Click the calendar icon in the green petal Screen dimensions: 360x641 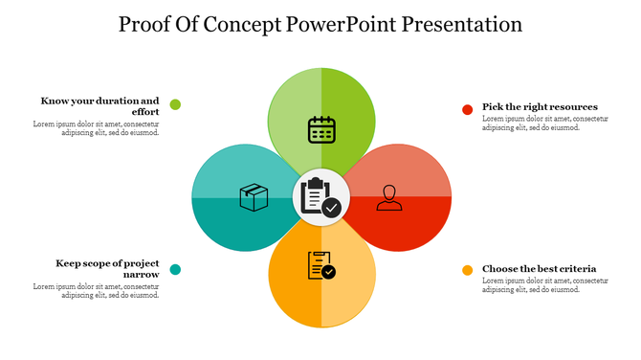pyautogui.click(x=320, y=129)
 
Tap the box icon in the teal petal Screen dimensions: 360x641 pyautogui.click(x=253, y=197)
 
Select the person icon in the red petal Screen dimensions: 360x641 pyautogui.click(x=388, y=197)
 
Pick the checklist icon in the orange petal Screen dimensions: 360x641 pyautogui.click(x=320, y=265)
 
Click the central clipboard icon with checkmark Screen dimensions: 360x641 pyautogui.click(x=320, y=196)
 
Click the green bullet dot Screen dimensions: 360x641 pyautogui.click(x=175, y=104)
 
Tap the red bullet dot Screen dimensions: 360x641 pyautogui.click(x=468, y=109)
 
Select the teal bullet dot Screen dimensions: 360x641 pyautogui.click(x=175, y=269)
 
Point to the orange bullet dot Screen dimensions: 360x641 pyautogui.click(x=468, y=270)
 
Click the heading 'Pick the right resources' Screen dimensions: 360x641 pyautogui.click(x=540, y=106)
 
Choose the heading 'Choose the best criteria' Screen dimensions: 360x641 pyautogui.click(x=539, y=268)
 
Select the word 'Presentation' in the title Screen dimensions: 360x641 pyautogui.click(x=458, y=24)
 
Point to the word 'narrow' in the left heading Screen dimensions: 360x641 pyautogui.click(x=141, y=275)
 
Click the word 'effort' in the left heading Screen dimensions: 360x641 pyautogui.click(x=144, y=112)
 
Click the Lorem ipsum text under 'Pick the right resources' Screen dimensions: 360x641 pyautogui.click(x=542, y=123)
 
